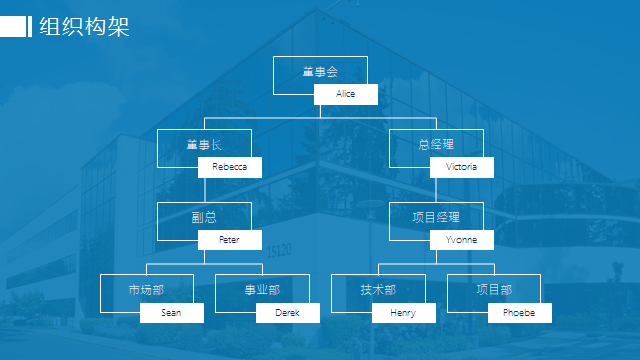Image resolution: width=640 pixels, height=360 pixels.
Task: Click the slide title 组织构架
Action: (x=84, y=27)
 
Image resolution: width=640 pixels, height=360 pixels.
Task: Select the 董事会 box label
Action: (x=320, y=72)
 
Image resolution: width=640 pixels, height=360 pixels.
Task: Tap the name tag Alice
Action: (x=346, y=94)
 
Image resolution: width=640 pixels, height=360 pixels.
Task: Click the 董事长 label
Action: (x=204, y=144)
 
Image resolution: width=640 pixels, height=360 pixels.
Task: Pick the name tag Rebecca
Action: (x=230, y=167)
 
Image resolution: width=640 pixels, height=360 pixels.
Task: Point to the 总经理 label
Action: (x=436, y=144)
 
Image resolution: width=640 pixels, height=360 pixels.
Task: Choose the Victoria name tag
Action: (x=462, y=167)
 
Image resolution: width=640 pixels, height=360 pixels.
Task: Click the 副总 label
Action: (x=204, y=217)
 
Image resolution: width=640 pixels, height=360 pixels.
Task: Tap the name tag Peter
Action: (x=230, y=240)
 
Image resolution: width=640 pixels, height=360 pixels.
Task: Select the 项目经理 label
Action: (x=436, y=217)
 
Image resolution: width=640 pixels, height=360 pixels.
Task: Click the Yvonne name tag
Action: (x=462, y=240)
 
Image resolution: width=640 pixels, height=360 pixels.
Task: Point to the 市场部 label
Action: (x=146, y=290)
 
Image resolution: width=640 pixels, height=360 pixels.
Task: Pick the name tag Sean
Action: (x=172, y=313)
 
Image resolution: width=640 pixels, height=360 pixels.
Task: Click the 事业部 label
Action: (x=262, y=290)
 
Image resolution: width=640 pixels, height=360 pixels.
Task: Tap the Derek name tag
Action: (x=288, y=313)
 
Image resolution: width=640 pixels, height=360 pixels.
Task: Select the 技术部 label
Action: (x=378, y=290)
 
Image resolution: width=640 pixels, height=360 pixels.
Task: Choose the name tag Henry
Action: (x=404, y=313)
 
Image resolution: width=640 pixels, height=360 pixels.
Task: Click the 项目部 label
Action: (x=494, y=290)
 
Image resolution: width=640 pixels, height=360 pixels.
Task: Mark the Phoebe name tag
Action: (x=520, y=313)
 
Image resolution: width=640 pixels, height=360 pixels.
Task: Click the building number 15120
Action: (x=280, y=250)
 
